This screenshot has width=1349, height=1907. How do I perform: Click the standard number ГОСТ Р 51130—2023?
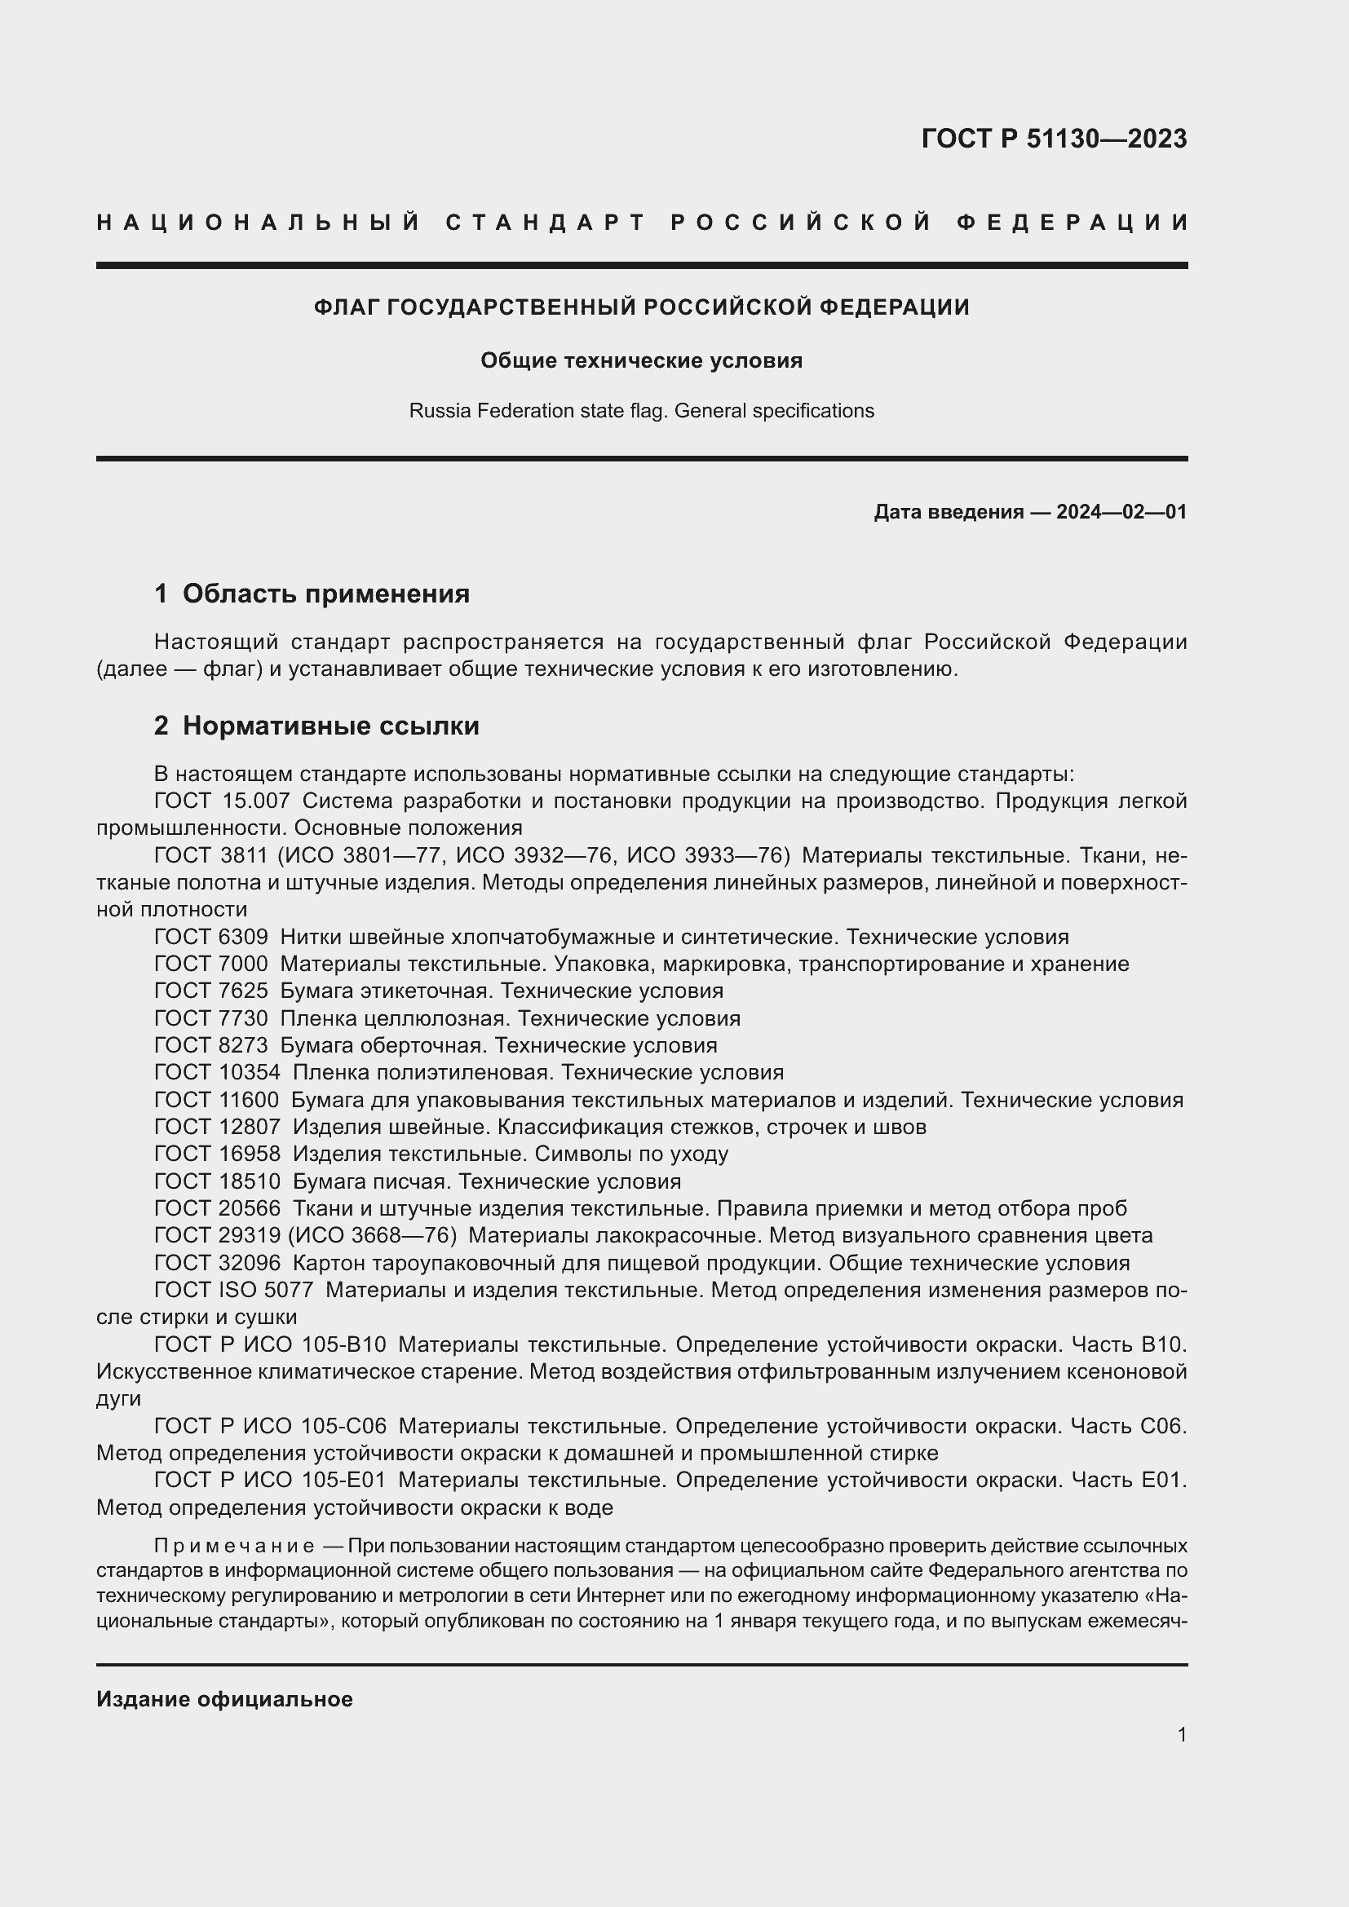tap(1053, 139)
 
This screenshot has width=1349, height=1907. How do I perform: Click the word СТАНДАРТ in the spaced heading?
tap(546, 223)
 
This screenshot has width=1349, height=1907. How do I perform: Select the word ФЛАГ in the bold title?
tap(347, 307)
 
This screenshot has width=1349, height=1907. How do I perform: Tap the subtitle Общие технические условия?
tap(641, 360)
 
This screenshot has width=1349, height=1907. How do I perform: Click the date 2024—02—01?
tap(1121, 512)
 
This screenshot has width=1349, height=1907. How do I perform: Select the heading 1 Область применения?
tap(312, 593)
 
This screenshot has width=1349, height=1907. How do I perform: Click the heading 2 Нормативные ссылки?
tap(316, 726)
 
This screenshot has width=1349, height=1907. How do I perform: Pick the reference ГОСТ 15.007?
tap(222, 801)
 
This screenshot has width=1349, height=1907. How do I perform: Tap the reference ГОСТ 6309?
tap(211, 937)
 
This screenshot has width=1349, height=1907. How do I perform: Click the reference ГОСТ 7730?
tap(211, 1018)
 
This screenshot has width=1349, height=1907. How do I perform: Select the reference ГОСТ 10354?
tap(217, 1072)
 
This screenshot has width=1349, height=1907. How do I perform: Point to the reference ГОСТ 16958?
tap(217, 1154)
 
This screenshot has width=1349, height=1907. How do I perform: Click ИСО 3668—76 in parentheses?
tap(372, 1235)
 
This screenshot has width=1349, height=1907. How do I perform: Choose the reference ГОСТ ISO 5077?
tap(233, 1290)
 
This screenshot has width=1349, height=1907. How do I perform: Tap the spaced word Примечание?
tap(233, 1546)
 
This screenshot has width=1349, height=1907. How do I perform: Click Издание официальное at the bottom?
tap(224, 1699)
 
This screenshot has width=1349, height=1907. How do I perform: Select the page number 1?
tap(1181, 1734)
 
